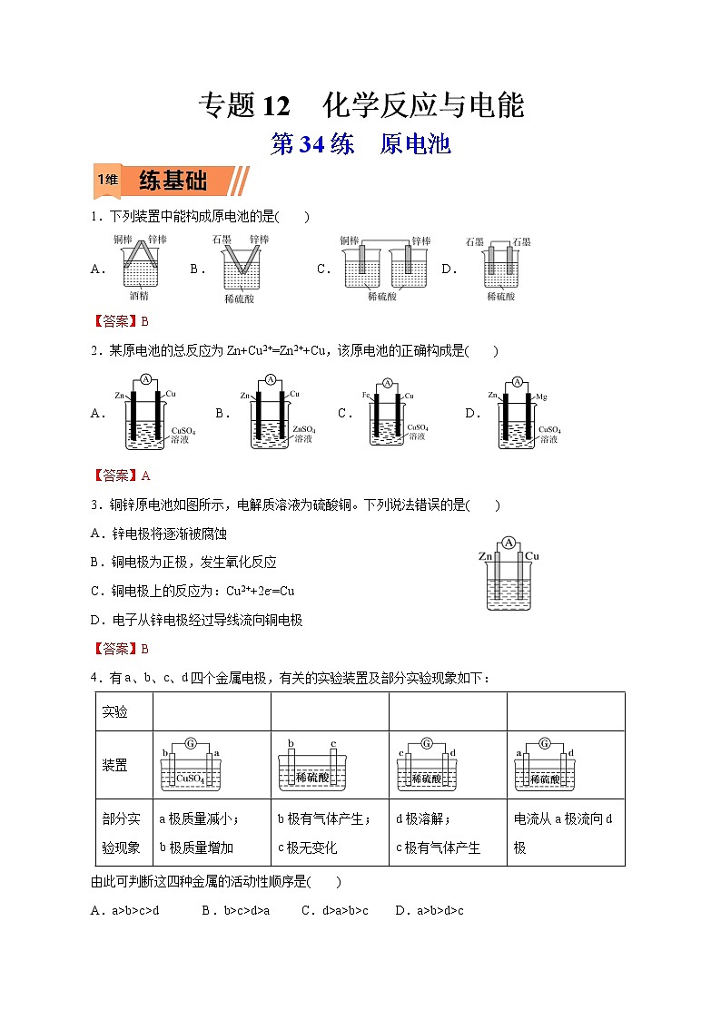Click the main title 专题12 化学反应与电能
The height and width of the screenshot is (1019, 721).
[x=360, y=106]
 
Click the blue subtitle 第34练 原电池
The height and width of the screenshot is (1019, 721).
[x=360, y=144]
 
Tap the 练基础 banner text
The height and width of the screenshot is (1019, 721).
[x=173, y=181]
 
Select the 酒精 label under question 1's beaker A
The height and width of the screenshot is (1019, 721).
[x=139, y=296]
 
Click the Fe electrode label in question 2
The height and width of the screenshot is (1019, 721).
[x=365, y=397]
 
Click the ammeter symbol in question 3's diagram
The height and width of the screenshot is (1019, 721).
[x=509, y=543]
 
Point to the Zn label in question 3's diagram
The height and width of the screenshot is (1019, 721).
[x=486, y=555]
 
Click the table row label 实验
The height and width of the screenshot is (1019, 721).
[x=115, y=711]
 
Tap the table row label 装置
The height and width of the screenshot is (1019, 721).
[x=115, y=765]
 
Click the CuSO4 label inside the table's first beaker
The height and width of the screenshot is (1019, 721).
[x=191, y=779]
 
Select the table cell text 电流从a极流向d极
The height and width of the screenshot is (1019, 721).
[x=563, y=832]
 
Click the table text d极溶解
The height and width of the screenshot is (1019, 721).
[x=423, y=818]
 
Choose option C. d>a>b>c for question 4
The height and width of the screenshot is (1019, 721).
[x=335, y=910]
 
